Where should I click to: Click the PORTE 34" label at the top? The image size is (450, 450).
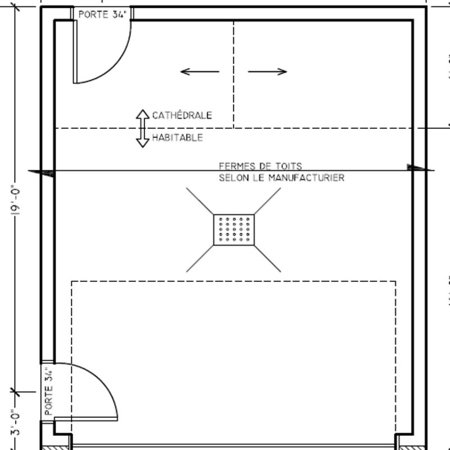[101, 14]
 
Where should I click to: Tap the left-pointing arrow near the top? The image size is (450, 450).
[200, 71]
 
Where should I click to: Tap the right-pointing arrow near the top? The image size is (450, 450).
[268, 71]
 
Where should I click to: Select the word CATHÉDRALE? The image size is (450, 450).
[182, 115]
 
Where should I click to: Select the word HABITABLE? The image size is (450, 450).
[177, 137]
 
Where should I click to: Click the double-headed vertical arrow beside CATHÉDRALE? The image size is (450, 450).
[142, 128]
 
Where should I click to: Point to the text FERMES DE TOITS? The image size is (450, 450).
[260, 166]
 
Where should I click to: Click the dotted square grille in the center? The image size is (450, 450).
[233, 229]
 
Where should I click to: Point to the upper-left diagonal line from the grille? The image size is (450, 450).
[200, 201]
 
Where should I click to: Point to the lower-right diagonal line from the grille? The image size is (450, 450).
[267, 258]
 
